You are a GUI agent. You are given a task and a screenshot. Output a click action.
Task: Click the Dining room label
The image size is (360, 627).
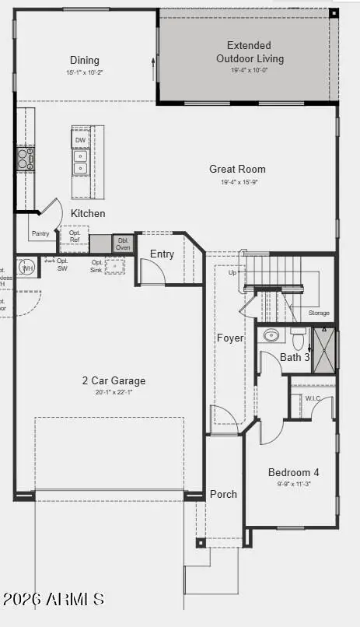(x=85, y=61)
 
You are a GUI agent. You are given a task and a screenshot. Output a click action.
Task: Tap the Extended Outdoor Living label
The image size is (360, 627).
(x=249, y=52)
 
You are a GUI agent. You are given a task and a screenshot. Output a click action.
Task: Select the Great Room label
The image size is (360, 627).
(x=237, y=169)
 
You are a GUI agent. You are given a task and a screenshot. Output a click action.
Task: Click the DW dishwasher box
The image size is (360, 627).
(x=81, y=140)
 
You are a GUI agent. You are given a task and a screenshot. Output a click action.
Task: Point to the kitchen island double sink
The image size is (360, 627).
(x=81, y=162)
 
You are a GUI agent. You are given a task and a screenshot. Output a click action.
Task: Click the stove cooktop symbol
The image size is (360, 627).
(x=26, y=159)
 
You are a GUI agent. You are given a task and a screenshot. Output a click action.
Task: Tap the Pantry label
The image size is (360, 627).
(x=40, y=233)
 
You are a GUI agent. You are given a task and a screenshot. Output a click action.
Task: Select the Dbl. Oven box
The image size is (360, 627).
(x=124, y=243)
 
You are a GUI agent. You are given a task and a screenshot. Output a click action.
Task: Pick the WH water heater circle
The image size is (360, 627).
(x=27, y=268)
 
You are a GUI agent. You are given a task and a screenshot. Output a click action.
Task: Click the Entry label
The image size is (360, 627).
(x=162, y=254)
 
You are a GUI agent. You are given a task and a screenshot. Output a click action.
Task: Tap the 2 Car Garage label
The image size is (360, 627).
(x=114, y=381)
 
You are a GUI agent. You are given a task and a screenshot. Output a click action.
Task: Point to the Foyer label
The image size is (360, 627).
(x=230, y=338)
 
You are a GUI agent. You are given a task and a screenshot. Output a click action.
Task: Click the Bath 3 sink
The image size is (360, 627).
(x=271, y=335)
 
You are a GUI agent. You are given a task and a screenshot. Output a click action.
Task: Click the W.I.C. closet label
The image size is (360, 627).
(x=313, y=398)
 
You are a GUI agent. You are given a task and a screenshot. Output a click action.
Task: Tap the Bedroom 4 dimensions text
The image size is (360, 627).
(x=293, y=483)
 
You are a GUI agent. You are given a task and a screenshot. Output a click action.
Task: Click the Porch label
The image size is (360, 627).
(x=223, y=494)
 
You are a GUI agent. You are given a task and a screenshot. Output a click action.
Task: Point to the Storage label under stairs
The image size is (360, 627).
(x=319, y=313)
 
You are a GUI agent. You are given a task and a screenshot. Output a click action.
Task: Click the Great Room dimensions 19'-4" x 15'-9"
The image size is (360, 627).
(x=237, y=183)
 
